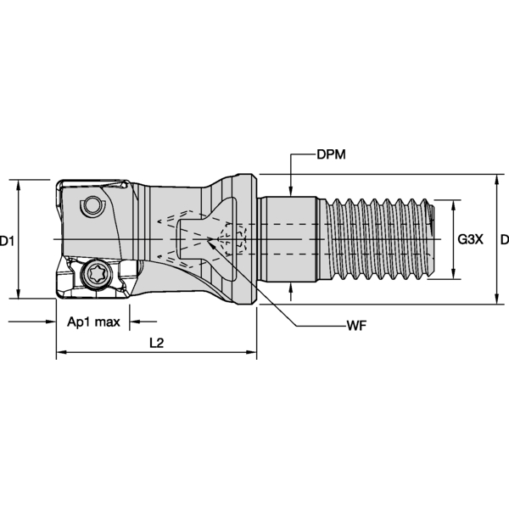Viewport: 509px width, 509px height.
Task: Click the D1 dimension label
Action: pyautogui.click(x=8, y=241)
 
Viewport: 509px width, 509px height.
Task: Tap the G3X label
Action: pyautogui.click(x=470, y=240)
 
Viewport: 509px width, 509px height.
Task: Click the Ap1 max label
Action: pyautogui.click(x=92, y=322)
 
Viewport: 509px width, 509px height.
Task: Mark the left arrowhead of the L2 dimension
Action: pyautogui.click(x=61, y=354)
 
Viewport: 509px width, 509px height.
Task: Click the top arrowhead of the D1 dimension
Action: pyautogui.click(x=19, y=184)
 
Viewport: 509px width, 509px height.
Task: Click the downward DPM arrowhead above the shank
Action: pyautogui.click(x=291, y=192)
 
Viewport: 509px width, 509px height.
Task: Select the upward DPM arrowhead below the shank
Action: pyautogui.click(x=291, y=288)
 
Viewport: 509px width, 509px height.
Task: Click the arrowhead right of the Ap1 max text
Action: pyautogui.click(x=133, y=322)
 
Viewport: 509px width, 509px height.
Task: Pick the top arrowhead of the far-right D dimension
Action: pyautogui.click(x=496, y=179)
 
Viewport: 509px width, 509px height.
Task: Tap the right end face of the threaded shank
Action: pyautogui.click(x=434, y=240)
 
